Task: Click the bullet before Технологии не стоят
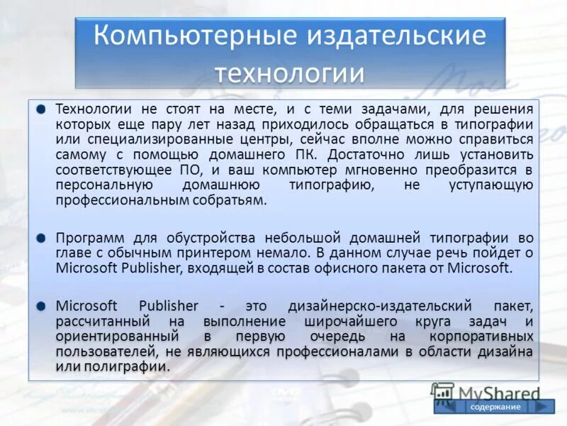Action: [x=41, y=109]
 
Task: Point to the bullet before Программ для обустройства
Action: [x=41, y=237]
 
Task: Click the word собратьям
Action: [x=231, y=200]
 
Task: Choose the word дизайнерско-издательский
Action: [x=380, y=305]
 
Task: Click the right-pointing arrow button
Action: [x=540, y=406]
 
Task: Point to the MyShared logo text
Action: [x=498, y=393]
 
